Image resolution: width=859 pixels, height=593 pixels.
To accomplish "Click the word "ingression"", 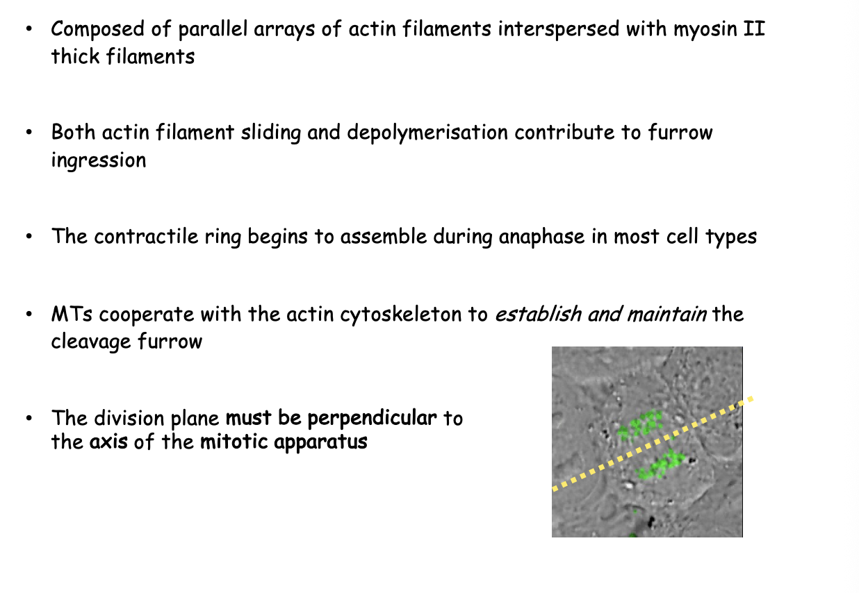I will click(x=98, y=160).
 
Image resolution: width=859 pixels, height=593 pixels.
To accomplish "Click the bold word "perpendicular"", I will click(x=373, y=418).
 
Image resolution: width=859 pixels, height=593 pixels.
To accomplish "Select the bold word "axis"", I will click(x=108, y=442).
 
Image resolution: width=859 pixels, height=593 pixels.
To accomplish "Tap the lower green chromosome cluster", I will click(x=660, y=465).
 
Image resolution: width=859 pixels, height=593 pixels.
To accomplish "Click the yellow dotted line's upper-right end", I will click(x=750, y=399).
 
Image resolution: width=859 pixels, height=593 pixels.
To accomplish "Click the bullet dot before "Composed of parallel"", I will click(x=28, y=31).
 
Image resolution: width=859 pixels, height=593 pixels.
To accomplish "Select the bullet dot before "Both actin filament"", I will click(x=28, y=133).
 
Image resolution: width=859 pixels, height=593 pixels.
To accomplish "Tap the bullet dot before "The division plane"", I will click(x=28, y=419).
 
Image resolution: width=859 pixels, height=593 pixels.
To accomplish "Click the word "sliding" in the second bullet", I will click(x=268, y=133).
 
